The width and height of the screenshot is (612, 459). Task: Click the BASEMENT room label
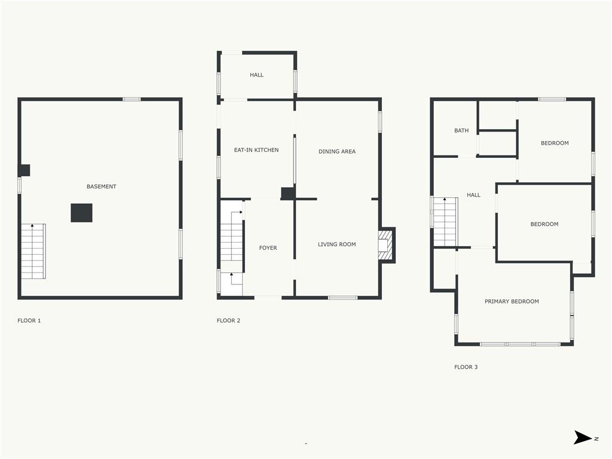tap(102, 186)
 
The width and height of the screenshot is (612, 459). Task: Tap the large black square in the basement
tap(81, 213)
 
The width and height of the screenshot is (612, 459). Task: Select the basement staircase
tap(33, 252)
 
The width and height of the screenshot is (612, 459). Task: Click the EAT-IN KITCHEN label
tap(256, 150)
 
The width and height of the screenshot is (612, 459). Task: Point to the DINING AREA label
tap(337, 151)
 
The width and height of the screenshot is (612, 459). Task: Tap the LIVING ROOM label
tap(337, 244)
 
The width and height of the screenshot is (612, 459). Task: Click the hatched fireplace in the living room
tap(384, 245)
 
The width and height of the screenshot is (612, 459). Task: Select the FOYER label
tap(268, 248)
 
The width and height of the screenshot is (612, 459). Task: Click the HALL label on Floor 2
tap(257, 75)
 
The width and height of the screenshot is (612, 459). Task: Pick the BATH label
tap(461, 131)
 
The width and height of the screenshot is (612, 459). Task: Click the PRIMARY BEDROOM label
tap(512, 301)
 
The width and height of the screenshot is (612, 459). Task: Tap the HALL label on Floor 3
tap(473, 195)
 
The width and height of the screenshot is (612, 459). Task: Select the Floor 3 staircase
tap(445, 222)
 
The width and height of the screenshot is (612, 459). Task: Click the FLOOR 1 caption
tap(29, 320)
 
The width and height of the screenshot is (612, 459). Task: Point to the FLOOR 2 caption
tap(228, 320)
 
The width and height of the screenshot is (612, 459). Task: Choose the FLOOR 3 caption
tap(466, 367)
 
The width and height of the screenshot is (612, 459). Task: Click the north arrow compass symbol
tap(583, 437)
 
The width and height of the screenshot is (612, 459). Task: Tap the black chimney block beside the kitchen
tap(288, 194)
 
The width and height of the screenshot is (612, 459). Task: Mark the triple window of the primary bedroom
tap(520, 344)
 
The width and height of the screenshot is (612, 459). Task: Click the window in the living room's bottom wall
tap(342, 298)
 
